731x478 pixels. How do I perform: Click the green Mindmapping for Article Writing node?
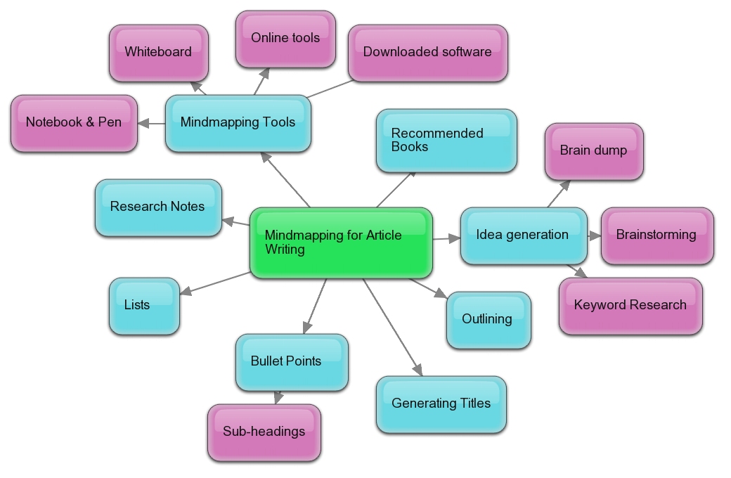[341, 243]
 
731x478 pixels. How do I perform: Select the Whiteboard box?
[159, 53]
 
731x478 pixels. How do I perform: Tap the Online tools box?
[285, 39]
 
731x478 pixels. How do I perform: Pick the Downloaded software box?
[427, 53]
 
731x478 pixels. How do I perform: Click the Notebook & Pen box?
[74, 123]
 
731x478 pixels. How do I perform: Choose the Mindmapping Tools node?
[238, 123]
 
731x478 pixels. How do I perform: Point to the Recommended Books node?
[446, 141]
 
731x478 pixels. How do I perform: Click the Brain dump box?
[594, 151]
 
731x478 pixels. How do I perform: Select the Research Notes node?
[158, 207]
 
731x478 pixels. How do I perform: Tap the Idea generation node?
[524, 235]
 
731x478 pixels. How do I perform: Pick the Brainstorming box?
[657, 235]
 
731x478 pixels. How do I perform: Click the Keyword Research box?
[630, 306]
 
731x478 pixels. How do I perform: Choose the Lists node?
[144, 306]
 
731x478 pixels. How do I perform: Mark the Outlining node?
[489, 320]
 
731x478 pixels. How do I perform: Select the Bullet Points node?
[292, 362]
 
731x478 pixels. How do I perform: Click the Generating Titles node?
[441, 404]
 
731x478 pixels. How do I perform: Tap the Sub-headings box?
[264, 432]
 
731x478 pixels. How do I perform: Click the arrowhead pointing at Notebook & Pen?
[143, 123]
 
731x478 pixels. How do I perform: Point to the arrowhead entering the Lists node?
[186, 290]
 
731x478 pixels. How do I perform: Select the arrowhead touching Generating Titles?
[418, 370]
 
